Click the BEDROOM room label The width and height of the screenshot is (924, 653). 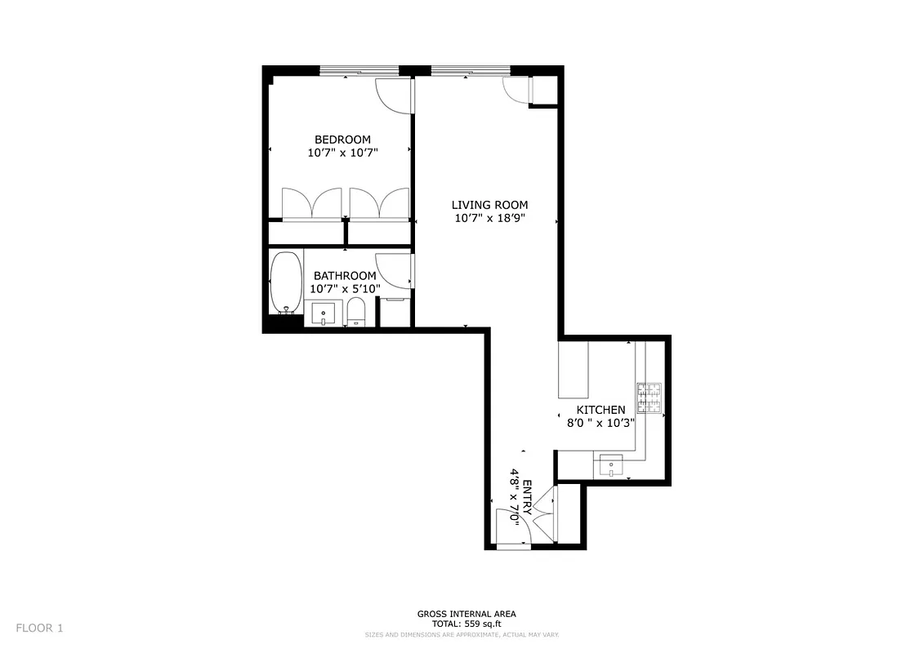[x=342, y=140]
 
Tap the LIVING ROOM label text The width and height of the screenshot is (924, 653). [x=490, y=205]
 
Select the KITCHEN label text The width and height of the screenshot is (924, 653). [x=600, y=410]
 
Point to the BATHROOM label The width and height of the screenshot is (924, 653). [x=345, y=276]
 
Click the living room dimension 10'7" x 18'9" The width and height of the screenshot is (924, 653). [x=490, y=218]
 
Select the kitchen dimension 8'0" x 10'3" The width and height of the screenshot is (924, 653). [x=600, y=423]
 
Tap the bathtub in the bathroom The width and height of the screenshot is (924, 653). [x=285, y=282]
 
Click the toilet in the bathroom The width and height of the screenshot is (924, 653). [x=355, y=312]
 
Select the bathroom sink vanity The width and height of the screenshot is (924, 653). [x=324, y=313]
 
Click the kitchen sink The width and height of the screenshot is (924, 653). [x=612, y=466]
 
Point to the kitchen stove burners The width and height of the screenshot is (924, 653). [x=649, y=398]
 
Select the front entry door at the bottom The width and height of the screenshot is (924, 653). [x=513, y=527]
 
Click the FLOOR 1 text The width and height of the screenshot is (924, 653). [x=39, y=628]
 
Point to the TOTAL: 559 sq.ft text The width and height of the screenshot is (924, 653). [x=466, y=624]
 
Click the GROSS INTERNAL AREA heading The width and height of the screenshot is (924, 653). [x=466, y=614]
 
